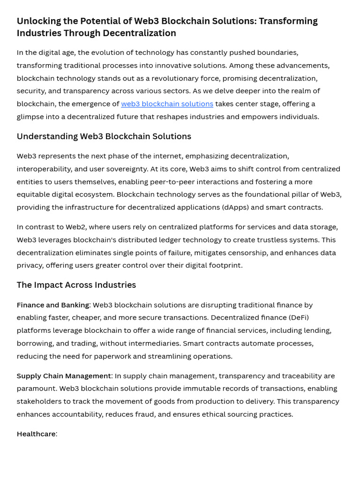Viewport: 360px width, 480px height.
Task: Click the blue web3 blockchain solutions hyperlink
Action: [x=167, y=104]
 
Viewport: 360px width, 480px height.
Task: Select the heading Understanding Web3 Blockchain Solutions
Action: [x=104, y=136]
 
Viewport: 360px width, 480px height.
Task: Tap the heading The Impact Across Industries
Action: [x=76, y=285]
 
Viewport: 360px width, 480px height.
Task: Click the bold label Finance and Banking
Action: [x=52, y=305]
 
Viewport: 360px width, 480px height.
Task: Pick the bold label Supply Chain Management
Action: [x=64, y=376]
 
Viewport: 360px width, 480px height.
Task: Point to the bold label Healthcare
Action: [x=36, y=434]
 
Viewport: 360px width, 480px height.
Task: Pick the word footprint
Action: [x=225, y=265]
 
